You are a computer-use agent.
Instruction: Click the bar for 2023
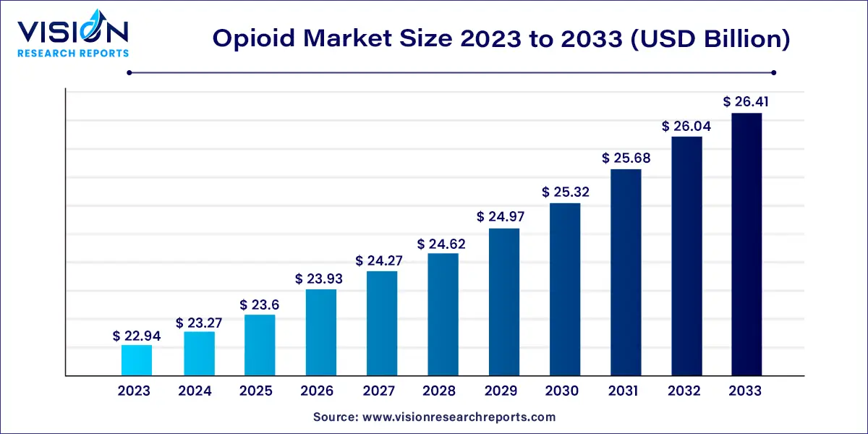click(x=137, y=360)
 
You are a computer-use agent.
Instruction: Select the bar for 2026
click(x=320, y=332)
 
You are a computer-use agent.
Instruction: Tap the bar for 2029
click(x=504, y=302)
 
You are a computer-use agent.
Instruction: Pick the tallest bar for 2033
click(x=746, y=244)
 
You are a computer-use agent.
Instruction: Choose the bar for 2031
click(x=626, y=272)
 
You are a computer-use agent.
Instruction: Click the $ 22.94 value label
click(x=137, y=336)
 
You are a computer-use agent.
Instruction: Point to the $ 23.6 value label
click(x=259, y=305)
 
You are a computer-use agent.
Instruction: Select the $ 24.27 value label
click(x=382, y=261)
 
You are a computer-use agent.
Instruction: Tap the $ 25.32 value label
click(x=565, y=193)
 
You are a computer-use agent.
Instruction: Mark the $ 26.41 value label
click(x=746, y=102)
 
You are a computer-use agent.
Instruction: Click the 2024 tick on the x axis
click(x=195, y=391)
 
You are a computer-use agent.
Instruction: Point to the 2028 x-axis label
click(x=440, y=391)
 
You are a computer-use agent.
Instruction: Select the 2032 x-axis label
click(x=684, y=391)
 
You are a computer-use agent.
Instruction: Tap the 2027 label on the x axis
click(x=378, y=391)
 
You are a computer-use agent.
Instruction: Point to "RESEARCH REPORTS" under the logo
click(x=72, y=53)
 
